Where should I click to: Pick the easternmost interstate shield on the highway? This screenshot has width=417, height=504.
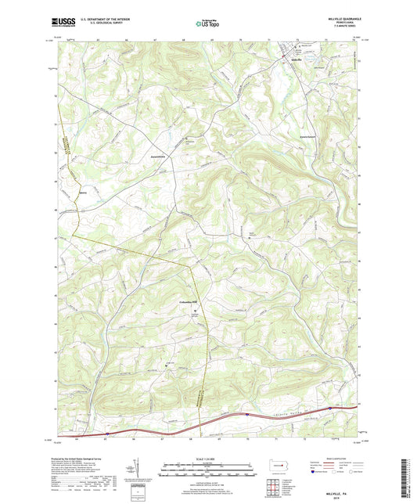click(x=329, y=408)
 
